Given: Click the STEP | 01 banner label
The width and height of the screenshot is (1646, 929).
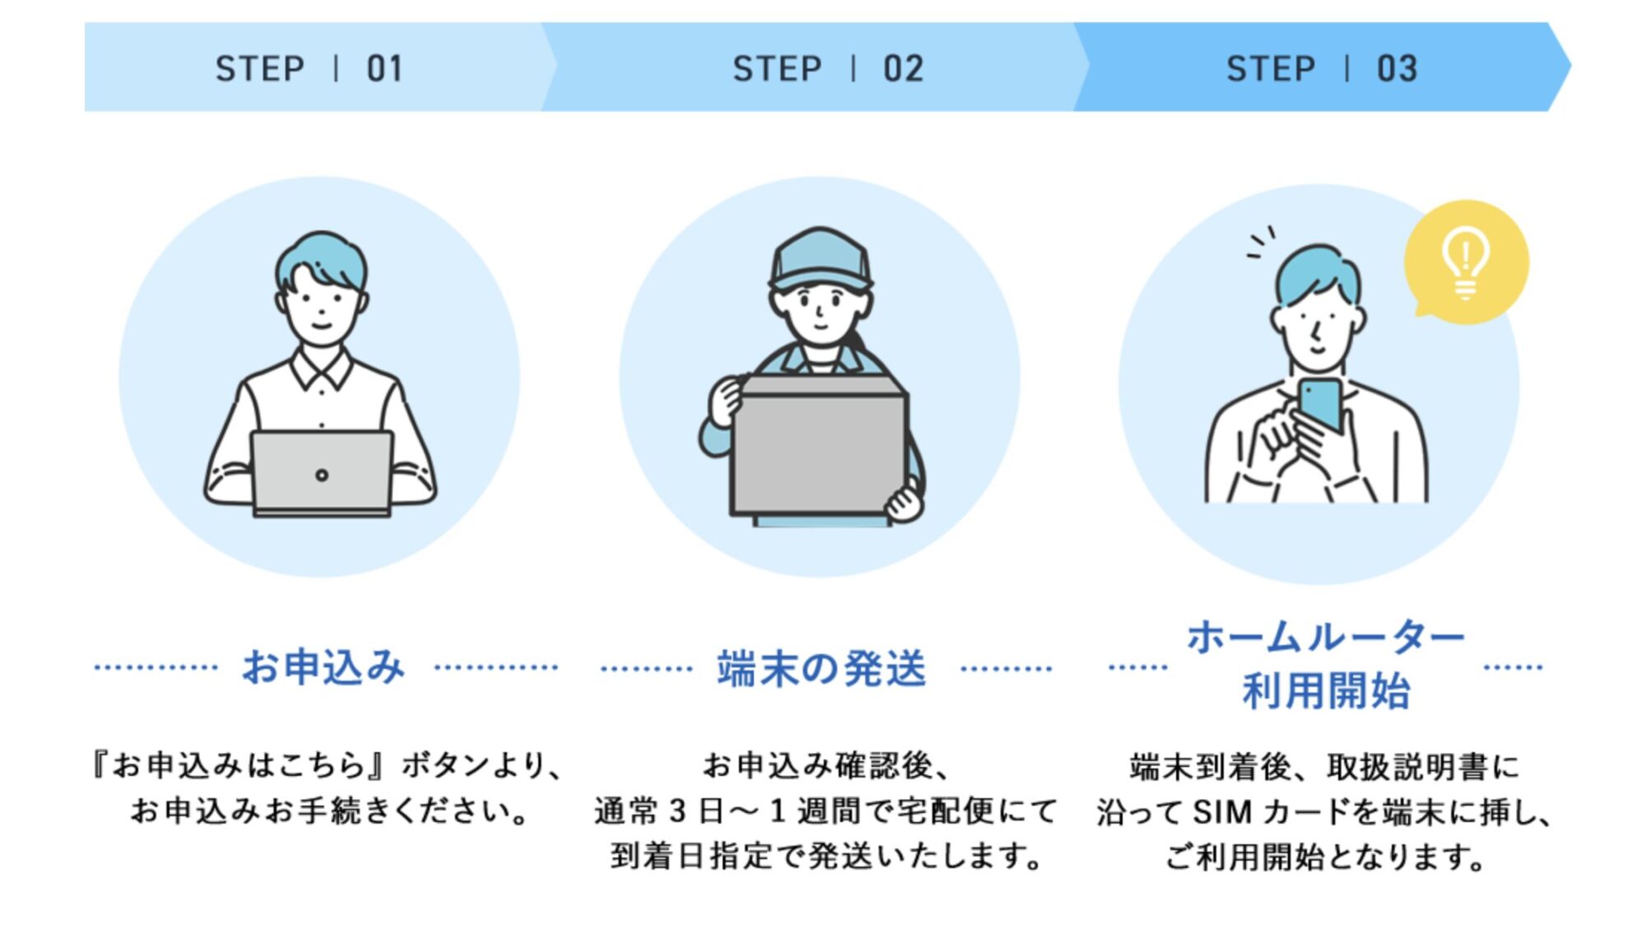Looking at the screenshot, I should click(309, 68).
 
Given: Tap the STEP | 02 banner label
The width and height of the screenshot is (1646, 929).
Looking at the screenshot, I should click(828, 68).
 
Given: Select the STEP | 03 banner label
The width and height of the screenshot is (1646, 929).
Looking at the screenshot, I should click(1322, 68).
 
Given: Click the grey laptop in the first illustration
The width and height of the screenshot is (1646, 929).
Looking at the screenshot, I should click(322, 473).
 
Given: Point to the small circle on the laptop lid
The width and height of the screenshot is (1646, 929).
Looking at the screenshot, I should click(322, 475).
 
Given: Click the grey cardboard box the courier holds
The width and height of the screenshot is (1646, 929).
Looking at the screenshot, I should click(819, 448).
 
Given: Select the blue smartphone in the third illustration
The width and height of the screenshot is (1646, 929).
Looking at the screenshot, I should click(1321, 403).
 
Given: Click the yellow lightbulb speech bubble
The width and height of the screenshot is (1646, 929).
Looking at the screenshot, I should click(1466, 262).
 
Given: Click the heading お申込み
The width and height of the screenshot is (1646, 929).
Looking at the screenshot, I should click(323, 667).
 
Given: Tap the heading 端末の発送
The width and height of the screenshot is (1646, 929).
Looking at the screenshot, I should click(821, 668).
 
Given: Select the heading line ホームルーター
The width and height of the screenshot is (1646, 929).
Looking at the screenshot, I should click(1325, 638).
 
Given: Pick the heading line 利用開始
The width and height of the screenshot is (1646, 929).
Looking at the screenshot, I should click(1325, 691).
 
